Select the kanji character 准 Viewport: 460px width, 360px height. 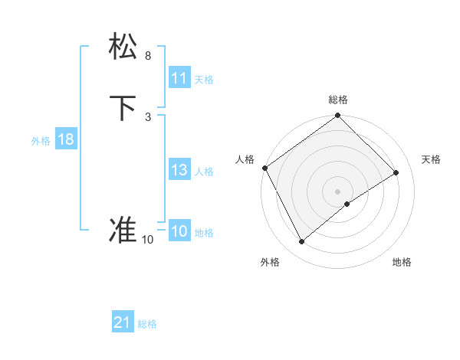(x=123, y=231)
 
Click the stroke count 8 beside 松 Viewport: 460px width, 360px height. (x=147, y=56)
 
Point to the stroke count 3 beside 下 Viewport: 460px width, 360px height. (x=147, y=116)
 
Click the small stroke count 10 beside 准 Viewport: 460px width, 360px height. (x=147, y=240)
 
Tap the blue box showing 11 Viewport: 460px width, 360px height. (x=179, y=78)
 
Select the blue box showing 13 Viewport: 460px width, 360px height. (x=179, y=171)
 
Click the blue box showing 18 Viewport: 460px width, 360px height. (x=65, y=139)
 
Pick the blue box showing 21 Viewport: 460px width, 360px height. (x=123, y=323)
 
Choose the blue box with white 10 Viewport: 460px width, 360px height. (x=179, y=232)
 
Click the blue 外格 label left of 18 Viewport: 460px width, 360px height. (x=41, y=141)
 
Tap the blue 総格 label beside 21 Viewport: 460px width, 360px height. (x=147, y=324)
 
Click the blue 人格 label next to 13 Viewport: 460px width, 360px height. (x=205, y=172)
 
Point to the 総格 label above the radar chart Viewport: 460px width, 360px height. (x=338, y=100)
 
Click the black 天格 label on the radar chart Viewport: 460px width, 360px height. (x=432, y=159)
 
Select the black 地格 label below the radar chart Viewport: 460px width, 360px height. (x=402, y=262)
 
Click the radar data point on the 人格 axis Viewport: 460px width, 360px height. (x=264, y=168)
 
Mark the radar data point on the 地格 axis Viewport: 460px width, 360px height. (x=347, y=204)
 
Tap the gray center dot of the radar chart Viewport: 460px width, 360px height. (x=337, y=191)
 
